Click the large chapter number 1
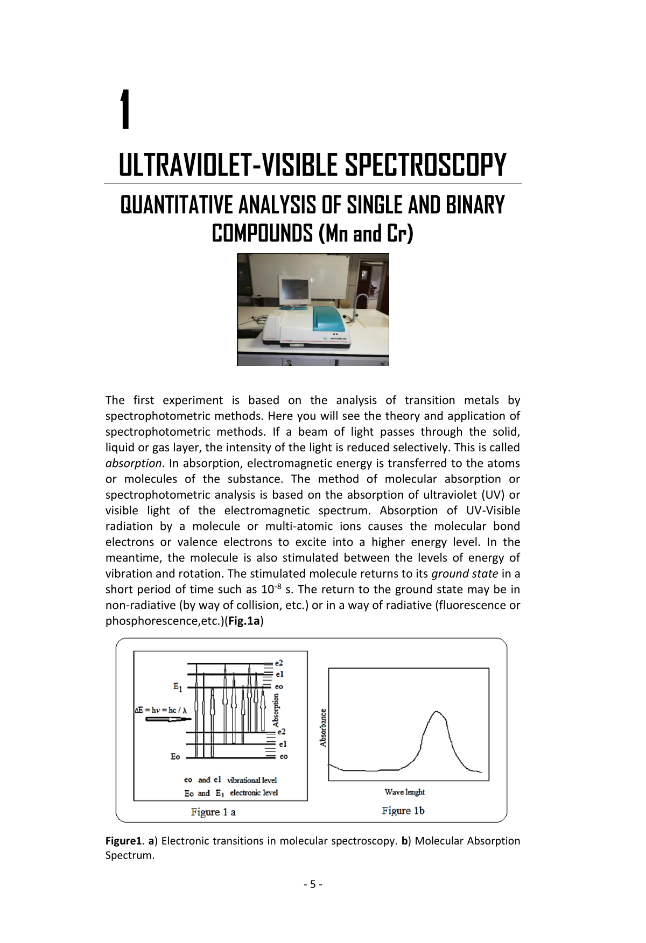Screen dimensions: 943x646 (125, 110)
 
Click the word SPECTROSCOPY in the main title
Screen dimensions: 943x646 (425, 165)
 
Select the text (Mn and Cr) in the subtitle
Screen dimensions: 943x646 (366, 233)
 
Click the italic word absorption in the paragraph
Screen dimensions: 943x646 (133, 463)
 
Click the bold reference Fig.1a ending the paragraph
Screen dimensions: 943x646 (244, 621)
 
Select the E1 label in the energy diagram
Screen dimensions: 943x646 (178, 687)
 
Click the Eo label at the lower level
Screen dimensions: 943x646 (175, 757)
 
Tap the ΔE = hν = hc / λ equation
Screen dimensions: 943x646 (160, 710)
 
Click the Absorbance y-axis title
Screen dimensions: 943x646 (323, 728)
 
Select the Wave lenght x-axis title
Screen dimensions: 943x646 (404, 792)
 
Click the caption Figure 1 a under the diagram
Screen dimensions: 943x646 (213, 812)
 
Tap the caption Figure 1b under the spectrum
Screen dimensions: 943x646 (403, 811)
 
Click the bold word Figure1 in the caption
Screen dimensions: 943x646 (123, 841)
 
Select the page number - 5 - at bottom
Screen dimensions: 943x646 (313, 884)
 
